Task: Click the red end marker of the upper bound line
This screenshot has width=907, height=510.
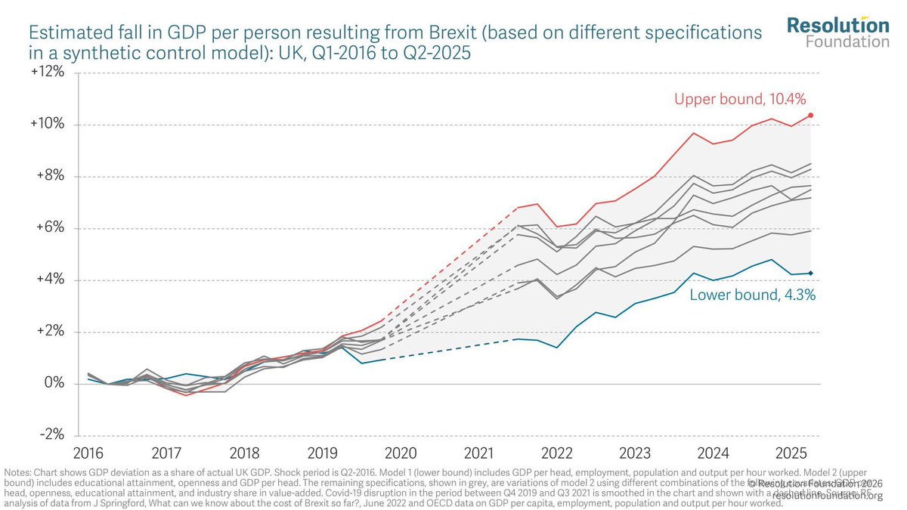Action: pos(811,115)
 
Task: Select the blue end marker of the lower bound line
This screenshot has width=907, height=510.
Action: pos(811,273)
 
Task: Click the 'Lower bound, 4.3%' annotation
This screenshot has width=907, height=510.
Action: pos(752,295)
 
